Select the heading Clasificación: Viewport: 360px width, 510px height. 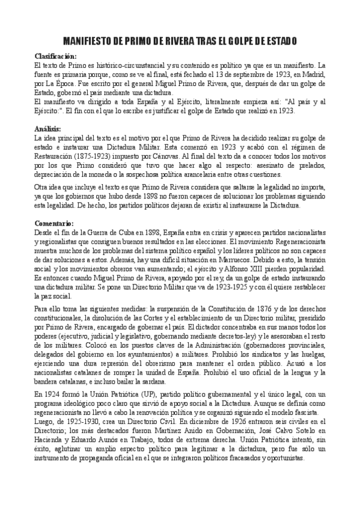pyautogui.click(x=56, y=56)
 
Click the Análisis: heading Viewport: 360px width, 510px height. pyautogui.click(x=49, y=129)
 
